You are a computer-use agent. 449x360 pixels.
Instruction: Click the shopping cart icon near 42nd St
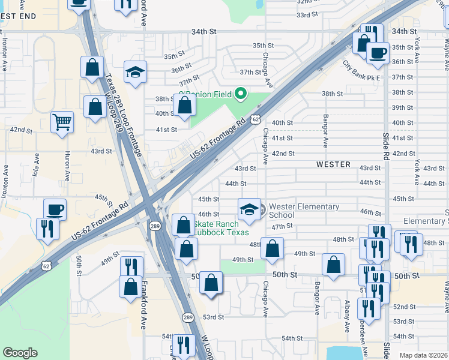(x=62, y=122)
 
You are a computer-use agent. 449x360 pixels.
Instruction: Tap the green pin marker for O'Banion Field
(x=241, y=94)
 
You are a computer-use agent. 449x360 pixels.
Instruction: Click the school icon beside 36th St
(x=136, y=72)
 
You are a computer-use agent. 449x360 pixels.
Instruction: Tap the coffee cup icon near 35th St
(x=378, y=53)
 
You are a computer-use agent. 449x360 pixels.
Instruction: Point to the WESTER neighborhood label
(x=334, y=164)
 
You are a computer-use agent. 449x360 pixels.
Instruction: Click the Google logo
(x=20, y=353)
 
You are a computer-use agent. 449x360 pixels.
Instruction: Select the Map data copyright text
(x=424, y=355)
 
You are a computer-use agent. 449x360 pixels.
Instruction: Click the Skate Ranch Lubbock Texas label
(x=222, y=228)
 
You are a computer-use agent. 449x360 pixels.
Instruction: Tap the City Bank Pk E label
(x=363, y=71)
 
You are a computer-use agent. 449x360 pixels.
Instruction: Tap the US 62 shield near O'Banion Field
(x=256, y=119)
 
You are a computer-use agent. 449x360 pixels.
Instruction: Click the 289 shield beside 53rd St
(x=188, y=317)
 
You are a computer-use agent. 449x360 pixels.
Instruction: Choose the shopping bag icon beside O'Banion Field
(x=185, y=106)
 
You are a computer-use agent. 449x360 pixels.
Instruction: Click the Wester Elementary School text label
(x=304, y=211)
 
